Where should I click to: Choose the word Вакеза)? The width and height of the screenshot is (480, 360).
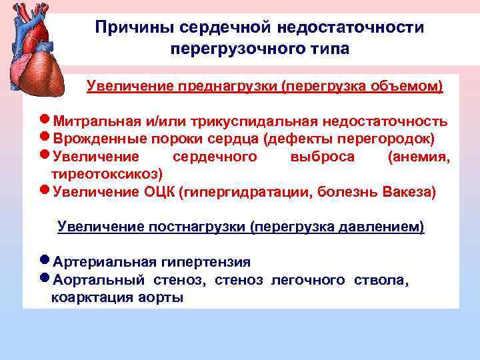point(409,192)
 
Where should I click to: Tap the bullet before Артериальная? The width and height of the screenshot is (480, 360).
point(45,261)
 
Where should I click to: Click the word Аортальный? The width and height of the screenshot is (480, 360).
point(100,280)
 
